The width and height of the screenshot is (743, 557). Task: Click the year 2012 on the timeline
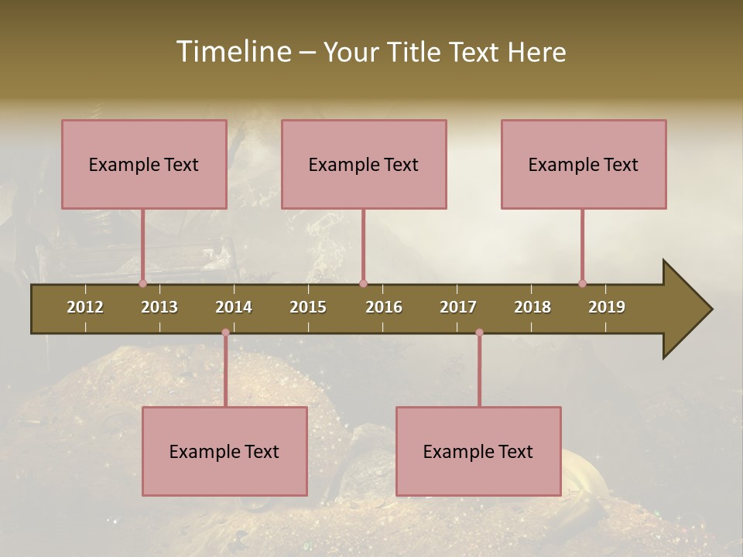(85, 307)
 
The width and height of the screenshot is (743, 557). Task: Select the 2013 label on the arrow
(159, 307)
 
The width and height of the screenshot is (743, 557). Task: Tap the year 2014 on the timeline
(234, 307)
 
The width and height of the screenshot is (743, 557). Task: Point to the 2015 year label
(308, 307)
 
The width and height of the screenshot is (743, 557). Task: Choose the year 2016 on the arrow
(384, 307)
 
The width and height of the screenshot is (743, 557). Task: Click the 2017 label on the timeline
(458, 307)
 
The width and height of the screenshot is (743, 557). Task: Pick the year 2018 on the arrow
(532, 307)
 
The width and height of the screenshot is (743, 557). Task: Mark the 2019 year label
(607, 307)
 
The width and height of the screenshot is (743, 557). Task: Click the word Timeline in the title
(233, 52)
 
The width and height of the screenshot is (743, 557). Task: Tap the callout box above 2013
(144, 164)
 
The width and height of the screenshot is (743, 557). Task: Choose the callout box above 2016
(364, 164)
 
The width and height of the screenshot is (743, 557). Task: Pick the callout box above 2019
(584, 164)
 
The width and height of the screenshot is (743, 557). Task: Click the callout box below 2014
(224, 451)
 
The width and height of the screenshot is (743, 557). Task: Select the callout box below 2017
(478, 451)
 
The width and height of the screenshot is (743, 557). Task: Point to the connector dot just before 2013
(142, 283)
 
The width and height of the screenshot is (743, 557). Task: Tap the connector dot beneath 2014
(225, 333)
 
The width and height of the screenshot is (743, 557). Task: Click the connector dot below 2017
(479, 333)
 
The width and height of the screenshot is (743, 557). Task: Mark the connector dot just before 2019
(582, 283)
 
